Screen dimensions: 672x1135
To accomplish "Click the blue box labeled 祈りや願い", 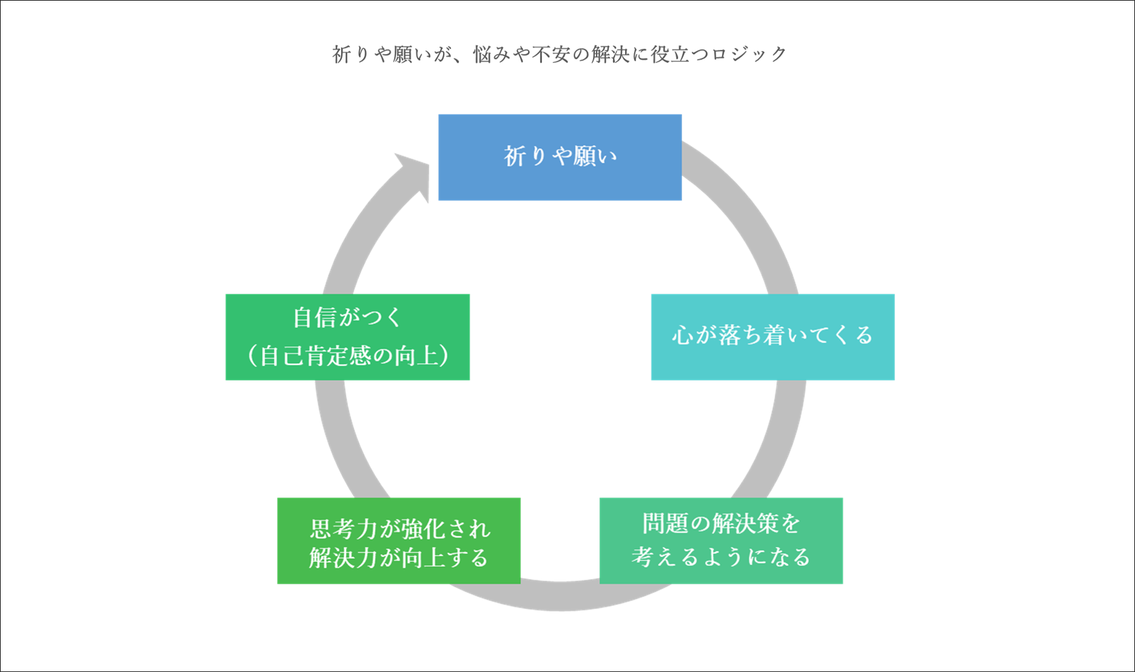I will point(560,157).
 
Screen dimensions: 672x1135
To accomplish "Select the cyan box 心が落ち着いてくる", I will point(772,337).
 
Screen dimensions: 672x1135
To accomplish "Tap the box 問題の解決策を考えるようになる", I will point(720,540).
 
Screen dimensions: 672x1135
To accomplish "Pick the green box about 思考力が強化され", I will point(399,540).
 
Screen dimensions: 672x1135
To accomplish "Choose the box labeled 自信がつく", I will point(347,337).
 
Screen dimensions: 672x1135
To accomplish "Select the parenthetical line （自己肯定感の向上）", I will point(347,356).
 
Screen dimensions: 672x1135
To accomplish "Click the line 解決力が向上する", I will point(399,557).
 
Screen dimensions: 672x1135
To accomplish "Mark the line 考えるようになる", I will point(720,557).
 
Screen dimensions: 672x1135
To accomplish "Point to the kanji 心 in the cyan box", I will point(682,336).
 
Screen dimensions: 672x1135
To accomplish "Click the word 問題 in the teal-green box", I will point(660,523).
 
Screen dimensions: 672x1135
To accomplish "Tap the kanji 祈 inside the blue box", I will point(515,157).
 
